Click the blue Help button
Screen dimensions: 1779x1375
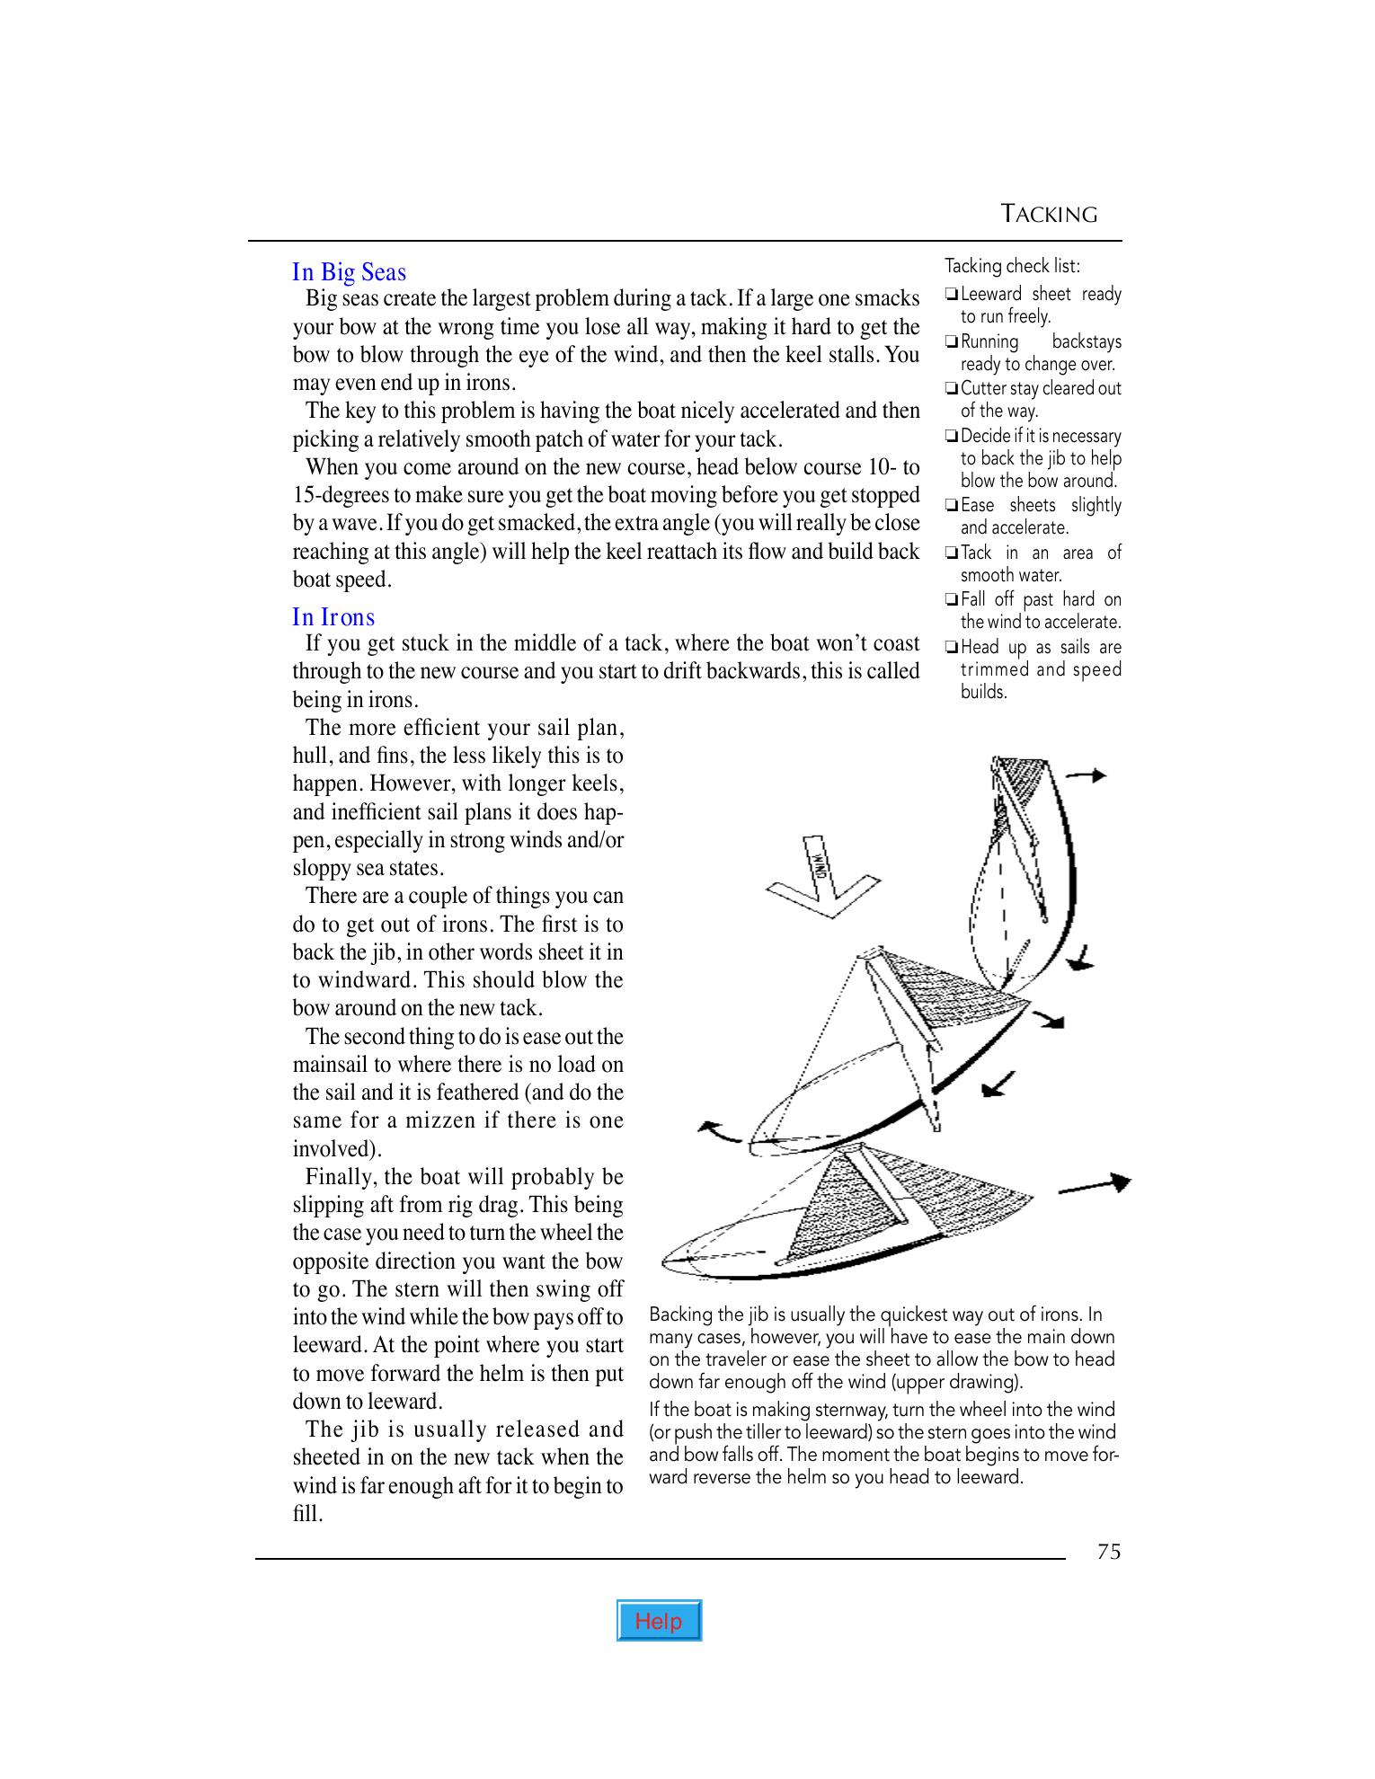coord(659,1621)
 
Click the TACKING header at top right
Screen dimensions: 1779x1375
coord(1049,215)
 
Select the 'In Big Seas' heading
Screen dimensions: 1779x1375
coord(349,272)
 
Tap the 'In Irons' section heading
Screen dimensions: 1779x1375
coord(333,617)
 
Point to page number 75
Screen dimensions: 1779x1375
coord(1108,1552)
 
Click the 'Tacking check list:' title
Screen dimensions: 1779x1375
coord(1012,266)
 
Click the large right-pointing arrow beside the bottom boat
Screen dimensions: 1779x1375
coord(1094,1186)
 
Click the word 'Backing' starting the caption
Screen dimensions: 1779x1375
coord(679,1314)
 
